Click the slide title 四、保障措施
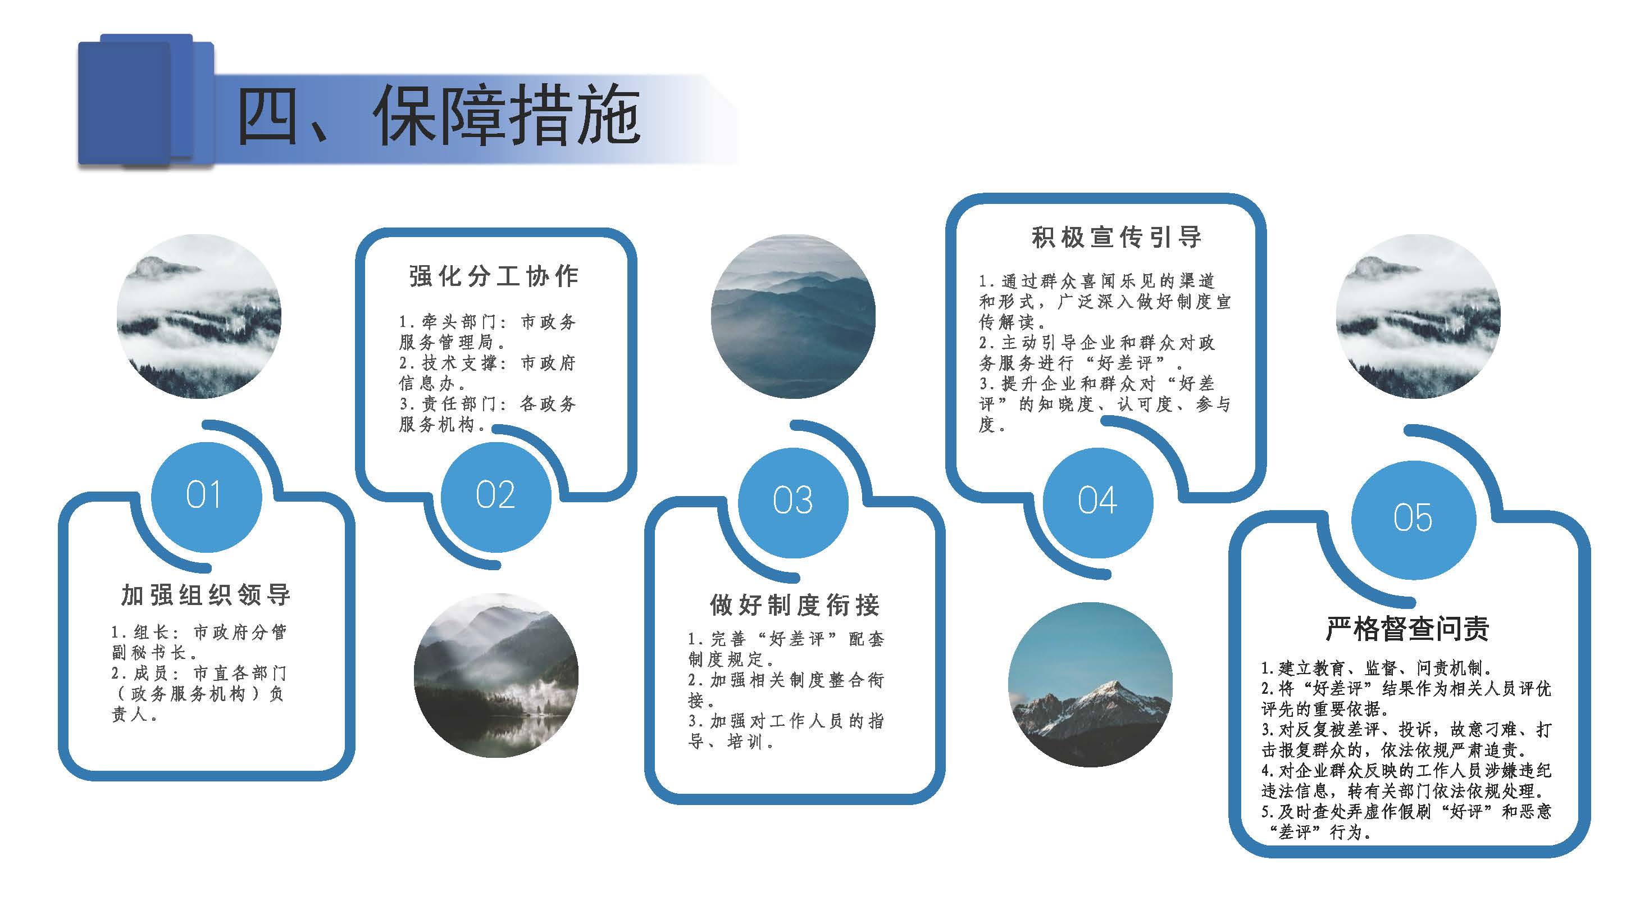pos(439,116)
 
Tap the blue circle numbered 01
pos(206,497)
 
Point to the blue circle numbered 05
pos(1413,519)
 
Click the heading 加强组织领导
pos(206,595)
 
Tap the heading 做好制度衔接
pos(795,605)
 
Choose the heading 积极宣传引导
pos(1117,237)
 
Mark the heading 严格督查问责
pos(1407,629)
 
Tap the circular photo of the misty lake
pos(496,675)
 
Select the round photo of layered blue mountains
pos(793,317)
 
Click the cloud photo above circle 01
pos(199,317)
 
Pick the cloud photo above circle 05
pos(1418,317)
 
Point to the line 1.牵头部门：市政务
pos(488,322)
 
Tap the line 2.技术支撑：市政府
pos(488,363)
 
